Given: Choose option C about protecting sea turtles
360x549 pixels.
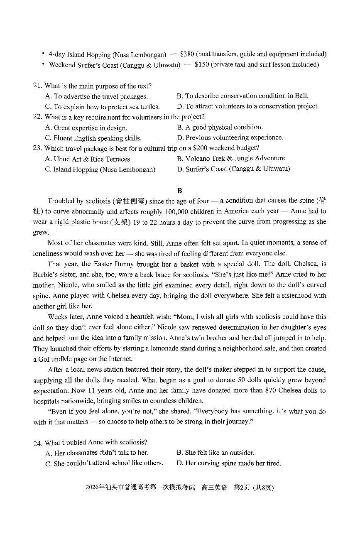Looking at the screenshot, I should pyautogui.click(x=102, y=107).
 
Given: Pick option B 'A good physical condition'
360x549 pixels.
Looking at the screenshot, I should pyautogui.click(x=220, y=127).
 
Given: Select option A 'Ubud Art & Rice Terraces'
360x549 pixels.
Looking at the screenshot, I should pyautogui.click(x=87, y=159).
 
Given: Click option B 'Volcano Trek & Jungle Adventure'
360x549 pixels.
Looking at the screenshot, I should pyautogui.click(x=230, y=158).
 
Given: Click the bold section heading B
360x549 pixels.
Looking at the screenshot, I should pyautogui.click(x=179, y=191).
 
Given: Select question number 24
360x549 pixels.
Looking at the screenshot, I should pyautogui.click(x=37, y=443).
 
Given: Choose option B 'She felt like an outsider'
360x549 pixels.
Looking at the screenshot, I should pyautogui.click(x=216, y=453).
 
